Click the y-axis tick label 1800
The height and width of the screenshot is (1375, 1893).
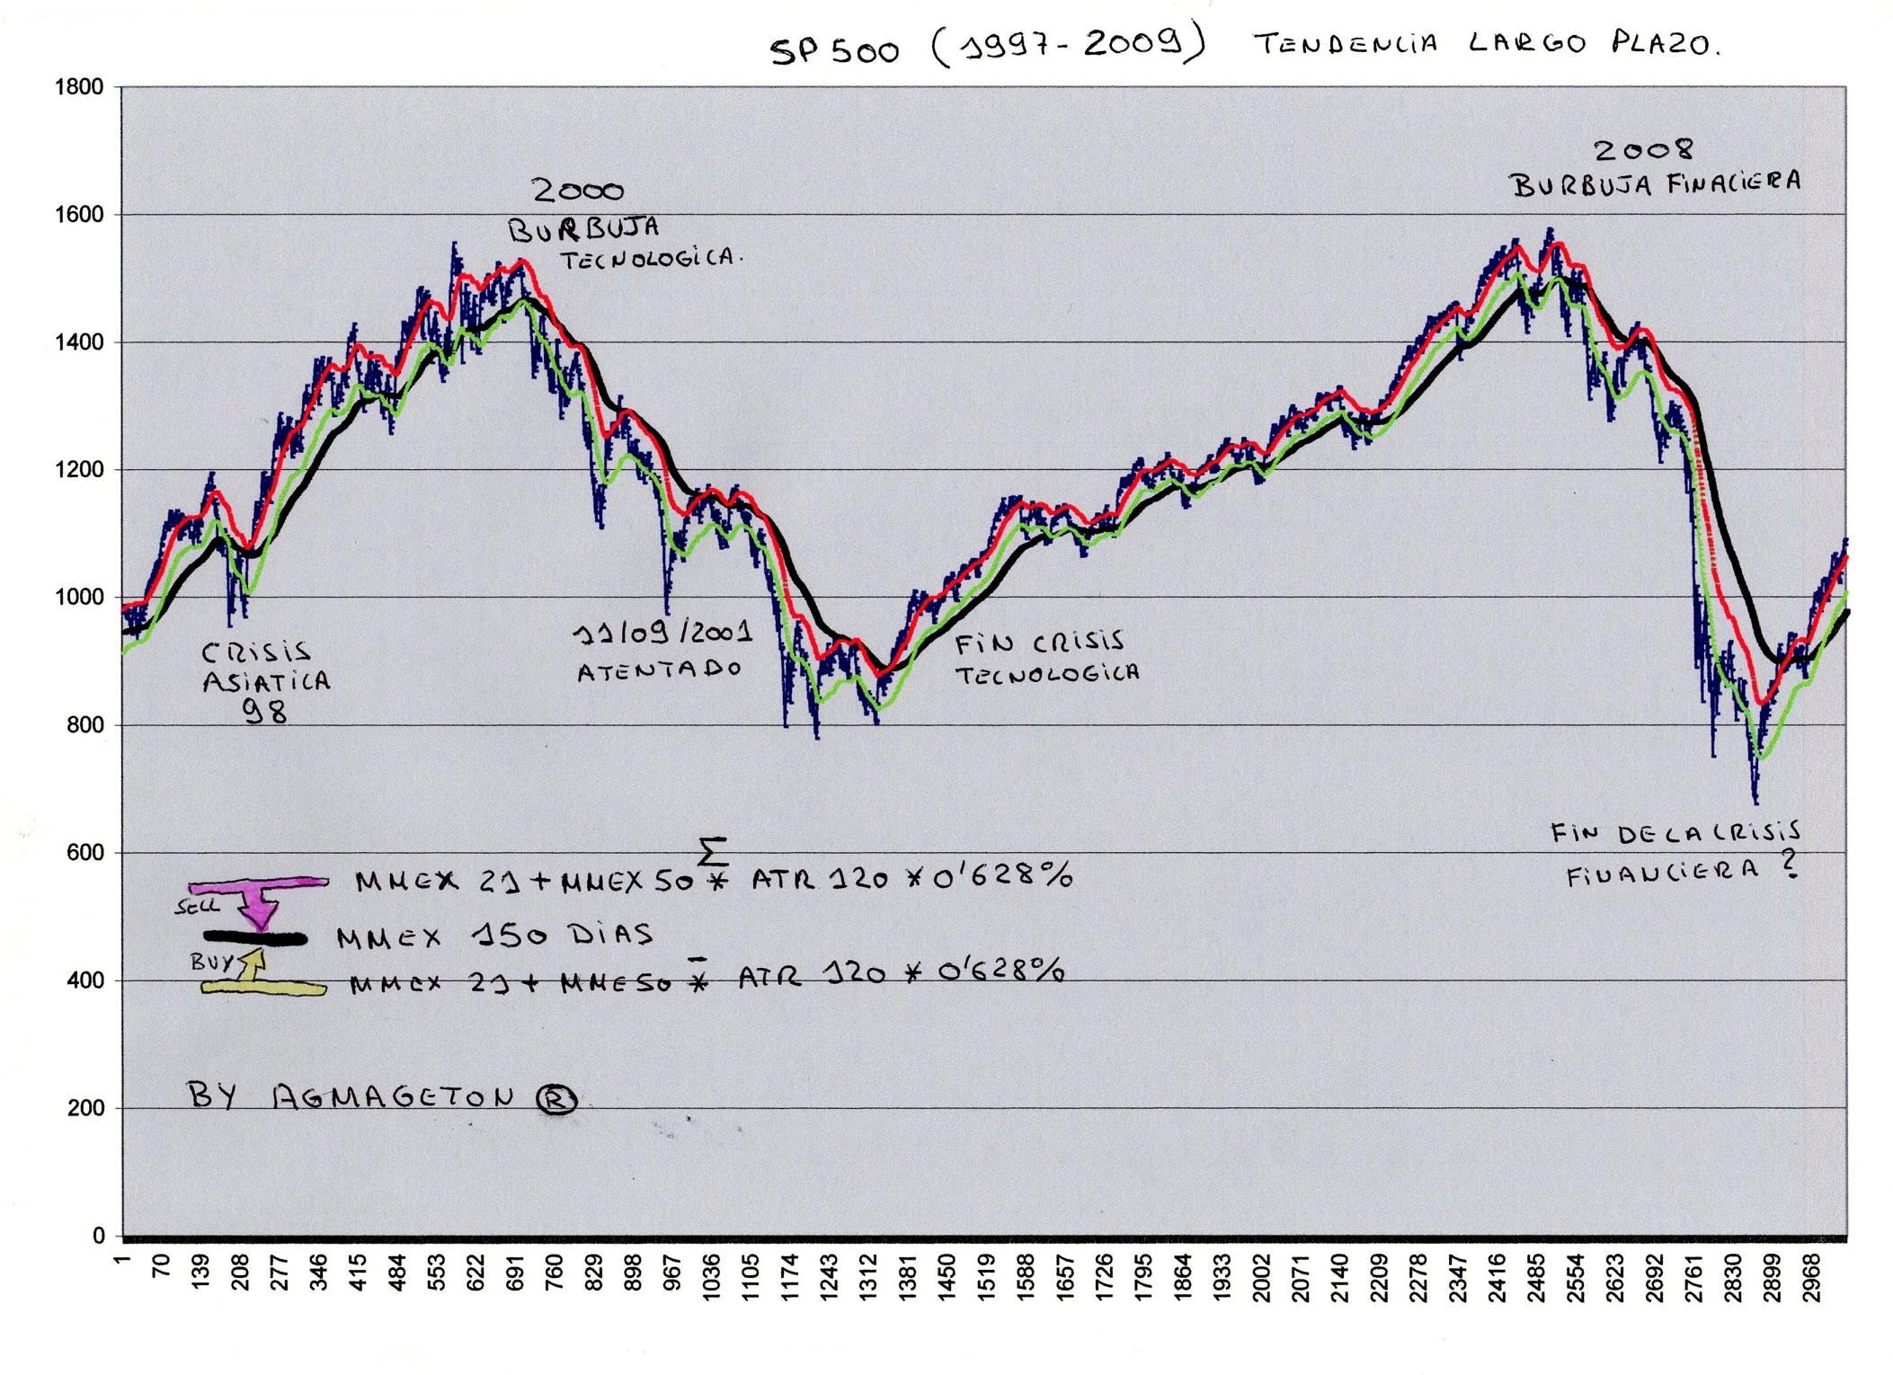click(79, 88)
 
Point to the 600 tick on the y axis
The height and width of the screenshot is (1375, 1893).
click(85, 853)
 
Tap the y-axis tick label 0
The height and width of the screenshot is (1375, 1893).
click(98, 1237)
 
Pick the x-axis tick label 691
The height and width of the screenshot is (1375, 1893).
click(514, 1273)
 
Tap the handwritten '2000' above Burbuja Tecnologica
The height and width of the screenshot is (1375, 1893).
click(578, 191)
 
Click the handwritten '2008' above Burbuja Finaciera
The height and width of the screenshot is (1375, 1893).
click(1643, 150)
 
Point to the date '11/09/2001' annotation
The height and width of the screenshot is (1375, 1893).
click(662, 634)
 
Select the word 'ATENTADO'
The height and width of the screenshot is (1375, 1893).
click(659, 670)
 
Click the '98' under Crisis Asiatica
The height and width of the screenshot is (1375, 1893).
click(265, 712)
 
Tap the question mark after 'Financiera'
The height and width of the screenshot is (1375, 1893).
click(1790, 865)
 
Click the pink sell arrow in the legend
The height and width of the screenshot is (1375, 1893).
click(260, 899)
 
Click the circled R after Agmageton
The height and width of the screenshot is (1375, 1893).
click(556, 1099)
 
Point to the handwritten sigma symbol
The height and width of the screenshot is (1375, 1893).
click(713, 850)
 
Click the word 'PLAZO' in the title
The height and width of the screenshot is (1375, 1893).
click(1665, 43)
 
